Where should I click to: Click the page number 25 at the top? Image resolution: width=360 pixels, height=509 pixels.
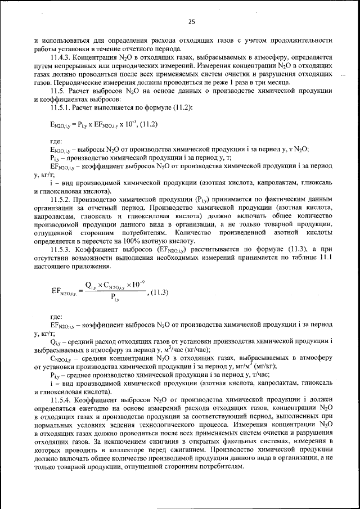click(191, 21)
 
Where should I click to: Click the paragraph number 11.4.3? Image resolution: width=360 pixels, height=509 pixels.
click(60, 57)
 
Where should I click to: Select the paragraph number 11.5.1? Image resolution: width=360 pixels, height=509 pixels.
click(60, 106)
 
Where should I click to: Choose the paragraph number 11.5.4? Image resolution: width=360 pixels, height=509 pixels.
click(60, 399)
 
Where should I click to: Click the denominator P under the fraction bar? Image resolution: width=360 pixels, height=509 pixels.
click(114, 298)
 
